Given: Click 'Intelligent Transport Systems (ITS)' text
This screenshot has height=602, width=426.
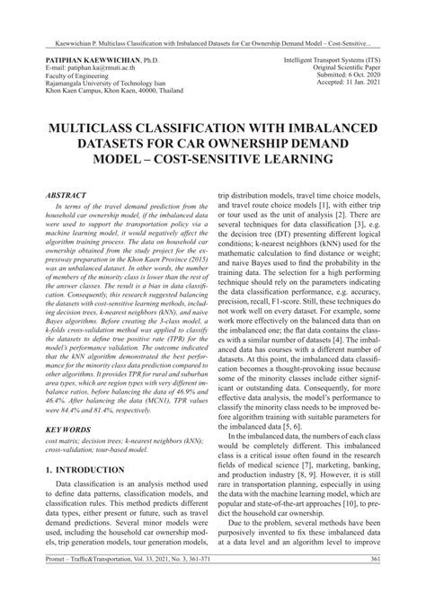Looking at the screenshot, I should pyautogui.click(x=334, y=56).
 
